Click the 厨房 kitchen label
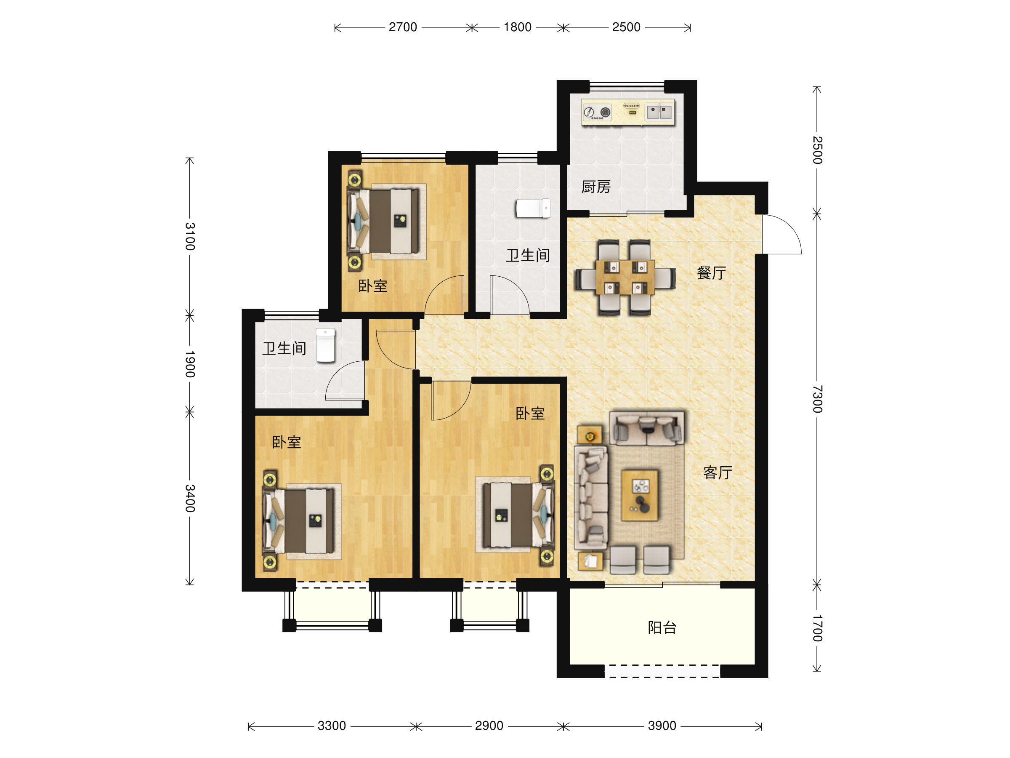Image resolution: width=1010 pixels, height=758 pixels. tap(596, 187)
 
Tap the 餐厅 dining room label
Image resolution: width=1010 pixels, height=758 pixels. tap(711, 273)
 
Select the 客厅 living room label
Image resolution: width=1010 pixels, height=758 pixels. tap(718, 472)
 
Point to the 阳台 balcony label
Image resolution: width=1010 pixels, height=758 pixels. tap(662, 628)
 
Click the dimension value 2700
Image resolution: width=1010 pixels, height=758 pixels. tap(403, 27)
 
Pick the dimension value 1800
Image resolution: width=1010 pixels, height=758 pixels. tap(517, 27)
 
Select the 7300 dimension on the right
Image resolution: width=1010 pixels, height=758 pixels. tap(817, 399)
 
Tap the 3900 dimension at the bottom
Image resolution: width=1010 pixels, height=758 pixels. tap(662, 726)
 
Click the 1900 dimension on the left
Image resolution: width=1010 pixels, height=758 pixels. tap(190, 364)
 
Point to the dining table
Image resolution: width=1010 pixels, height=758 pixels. tap(625, 278)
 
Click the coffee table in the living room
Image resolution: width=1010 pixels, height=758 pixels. tap(639, 495)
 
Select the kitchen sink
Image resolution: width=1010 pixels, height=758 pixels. tap(659, 112)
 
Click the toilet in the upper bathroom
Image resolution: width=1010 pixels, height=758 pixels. tap(533, 208)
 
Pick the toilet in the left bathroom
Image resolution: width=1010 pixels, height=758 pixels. tap(326, 345)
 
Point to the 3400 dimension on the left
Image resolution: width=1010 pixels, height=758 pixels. tap(190, 498)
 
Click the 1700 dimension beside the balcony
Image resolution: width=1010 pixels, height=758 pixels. tap(817, 628)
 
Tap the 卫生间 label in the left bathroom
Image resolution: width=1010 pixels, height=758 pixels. tap(284, 349)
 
